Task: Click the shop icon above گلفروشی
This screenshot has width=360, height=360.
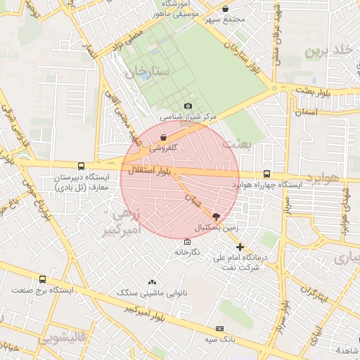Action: pos(164,138)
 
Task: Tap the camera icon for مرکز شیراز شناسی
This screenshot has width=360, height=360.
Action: pos(188,106)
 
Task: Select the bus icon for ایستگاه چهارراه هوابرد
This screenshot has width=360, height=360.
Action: pos(266,174)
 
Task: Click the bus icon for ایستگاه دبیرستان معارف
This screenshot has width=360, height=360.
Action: pos(82,167)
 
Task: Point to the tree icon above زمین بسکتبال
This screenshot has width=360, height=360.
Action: pos(215,217)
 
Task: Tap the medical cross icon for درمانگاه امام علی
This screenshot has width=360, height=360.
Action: pos(240,247)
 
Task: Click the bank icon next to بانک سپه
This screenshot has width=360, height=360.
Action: pos(220,328)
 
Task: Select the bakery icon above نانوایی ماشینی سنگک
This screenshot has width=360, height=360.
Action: pos(152,282)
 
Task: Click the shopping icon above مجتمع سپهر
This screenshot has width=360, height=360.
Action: pos(225,9)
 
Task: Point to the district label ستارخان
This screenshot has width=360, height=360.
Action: pos(148,72)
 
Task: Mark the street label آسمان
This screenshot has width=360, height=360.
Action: pos(307,112)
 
